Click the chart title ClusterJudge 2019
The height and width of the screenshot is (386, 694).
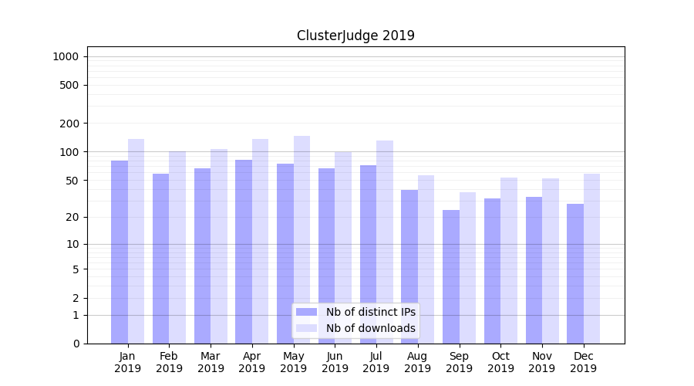(x=355, y=36)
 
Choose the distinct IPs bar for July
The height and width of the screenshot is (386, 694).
(x=368, y=254)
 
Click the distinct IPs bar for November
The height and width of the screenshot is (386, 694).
(x=534, y=270)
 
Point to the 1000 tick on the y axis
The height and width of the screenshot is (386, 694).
(x=66, y=56)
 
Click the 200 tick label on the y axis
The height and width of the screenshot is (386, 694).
(x=69, y=124)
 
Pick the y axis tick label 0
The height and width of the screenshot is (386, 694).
(x=76, y=344)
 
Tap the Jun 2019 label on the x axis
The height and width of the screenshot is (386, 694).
(x=335, y=362)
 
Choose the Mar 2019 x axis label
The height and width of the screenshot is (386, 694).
(x=211, y=362)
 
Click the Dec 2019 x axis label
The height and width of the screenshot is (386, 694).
(x=583, y=362)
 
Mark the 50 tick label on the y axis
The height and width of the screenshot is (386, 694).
(x=72, y=181)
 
